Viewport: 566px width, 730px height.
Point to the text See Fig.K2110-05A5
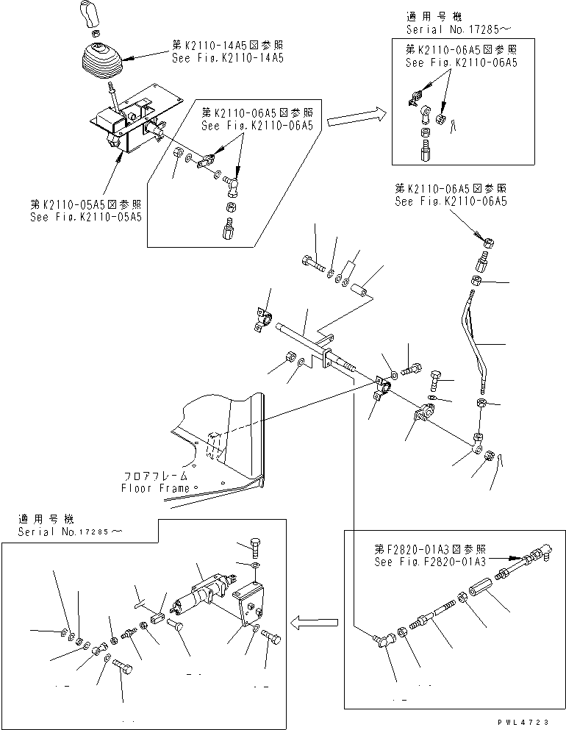click(86, 217)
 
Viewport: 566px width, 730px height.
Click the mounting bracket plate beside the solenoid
click(248, 602)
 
